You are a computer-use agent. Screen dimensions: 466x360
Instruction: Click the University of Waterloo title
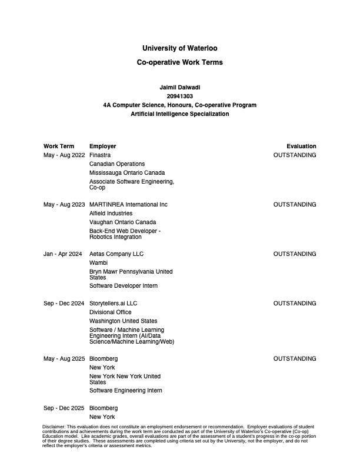click(x=180, y=48)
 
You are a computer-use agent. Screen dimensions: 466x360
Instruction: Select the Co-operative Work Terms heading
click(x=180, y=62)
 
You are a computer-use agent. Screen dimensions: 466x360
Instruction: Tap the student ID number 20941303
click(x=180, y=96)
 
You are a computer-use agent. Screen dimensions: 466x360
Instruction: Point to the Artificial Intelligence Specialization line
click(x=180, y=114)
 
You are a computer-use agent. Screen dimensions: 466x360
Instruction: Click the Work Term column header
click(x=59, y=146)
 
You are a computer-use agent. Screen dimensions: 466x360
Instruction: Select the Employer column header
click(x=103, y=146)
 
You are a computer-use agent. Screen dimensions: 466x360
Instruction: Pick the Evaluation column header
click(x=301, y=146)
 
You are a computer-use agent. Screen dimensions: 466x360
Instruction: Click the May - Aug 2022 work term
click(x=64, y=155)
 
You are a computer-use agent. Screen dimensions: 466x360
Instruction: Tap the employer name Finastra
click(x=101, y=155)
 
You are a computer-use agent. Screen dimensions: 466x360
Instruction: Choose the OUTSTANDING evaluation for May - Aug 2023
click(x=295, y=204)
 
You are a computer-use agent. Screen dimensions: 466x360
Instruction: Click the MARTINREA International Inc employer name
click(x=128, y=204)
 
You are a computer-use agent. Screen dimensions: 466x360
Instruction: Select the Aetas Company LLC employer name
click(x=116, y=254)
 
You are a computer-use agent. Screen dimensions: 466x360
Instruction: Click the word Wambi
click(x=98, y=262)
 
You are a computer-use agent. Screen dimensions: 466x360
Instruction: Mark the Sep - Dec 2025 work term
click(x=64, y=408)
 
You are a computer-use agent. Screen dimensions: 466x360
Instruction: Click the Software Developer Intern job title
click(x=124, y=285)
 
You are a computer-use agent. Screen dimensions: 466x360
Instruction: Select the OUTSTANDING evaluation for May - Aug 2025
click(x=295, y=358)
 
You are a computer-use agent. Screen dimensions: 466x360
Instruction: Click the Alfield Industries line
click(x=111, y=213)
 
